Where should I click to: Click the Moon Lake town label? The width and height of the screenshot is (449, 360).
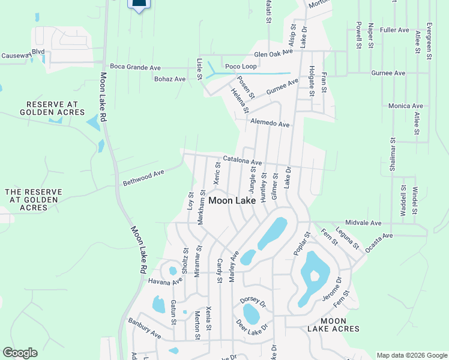point(232,200)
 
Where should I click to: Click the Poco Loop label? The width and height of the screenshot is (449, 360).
point(241,67)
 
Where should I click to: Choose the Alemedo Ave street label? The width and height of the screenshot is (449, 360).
point(270,124)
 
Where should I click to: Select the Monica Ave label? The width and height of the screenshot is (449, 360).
point(406,106)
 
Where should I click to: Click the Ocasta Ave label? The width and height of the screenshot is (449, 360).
point(376,235)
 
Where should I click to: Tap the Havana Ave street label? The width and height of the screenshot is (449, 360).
point(166,281)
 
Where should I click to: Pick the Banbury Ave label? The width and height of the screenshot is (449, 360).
point(145,326)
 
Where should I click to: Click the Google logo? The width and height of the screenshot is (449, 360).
point(20,353)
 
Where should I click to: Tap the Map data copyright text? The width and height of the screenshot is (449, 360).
point(411,355)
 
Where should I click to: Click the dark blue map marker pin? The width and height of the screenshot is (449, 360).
point(139,5)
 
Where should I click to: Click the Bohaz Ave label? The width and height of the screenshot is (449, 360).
point(170,79)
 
